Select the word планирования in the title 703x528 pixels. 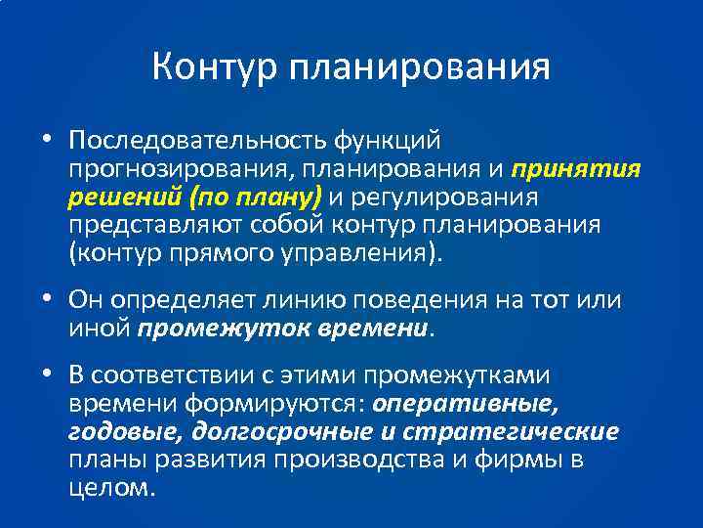(420, 68)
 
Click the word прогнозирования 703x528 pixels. (179, 170)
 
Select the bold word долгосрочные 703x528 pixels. (282, 431)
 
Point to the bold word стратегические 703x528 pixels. (525, 431)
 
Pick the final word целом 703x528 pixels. (112, 486)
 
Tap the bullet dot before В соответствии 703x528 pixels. (47, 375)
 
